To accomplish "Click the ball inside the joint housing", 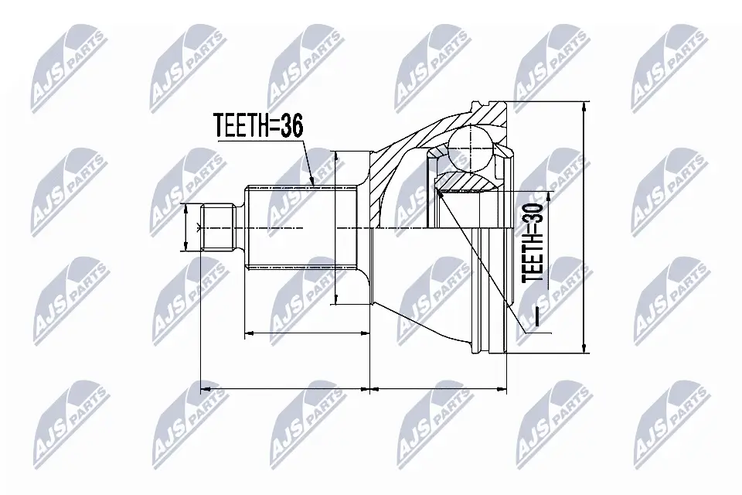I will click(469, 144).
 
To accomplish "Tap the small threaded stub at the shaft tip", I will click(218, 227).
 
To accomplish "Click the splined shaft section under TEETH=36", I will click(290, 227).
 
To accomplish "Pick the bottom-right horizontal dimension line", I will click(438, 384).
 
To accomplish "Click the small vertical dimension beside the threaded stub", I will click(186, 227).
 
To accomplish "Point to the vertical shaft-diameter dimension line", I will click(337, 228).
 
